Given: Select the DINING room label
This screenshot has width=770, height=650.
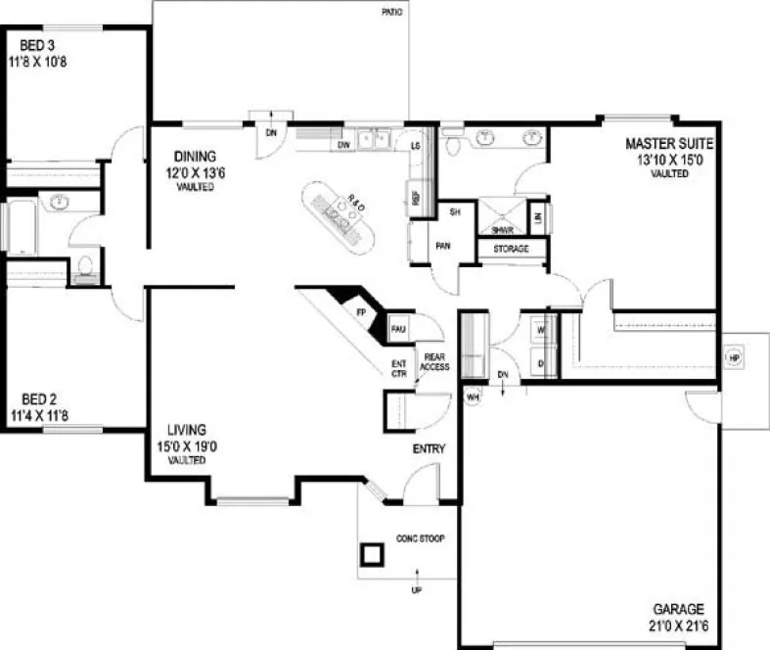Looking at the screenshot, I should [x=195, y=156].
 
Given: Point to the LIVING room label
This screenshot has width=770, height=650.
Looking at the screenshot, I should [x=186, y=429].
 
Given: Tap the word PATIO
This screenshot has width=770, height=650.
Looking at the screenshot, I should [x=391, y=13].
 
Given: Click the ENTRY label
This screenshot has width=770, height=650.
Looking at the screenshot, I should [x=429, y=449].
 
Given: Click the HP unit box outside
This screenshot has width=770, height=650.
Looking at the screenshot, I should [x=733, y=357].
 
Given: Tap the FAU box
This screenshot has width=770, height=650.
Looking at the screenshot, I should [x=398, y=329].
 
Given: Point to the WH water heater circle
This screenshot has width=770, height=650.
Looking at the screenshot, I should [x=472, y=397].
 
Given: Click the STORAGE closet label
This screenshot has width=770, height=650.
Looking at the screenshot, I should [x=510, y=250].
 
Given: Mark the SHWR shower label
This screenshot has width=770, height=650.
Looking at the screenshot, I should [x=503, y=229].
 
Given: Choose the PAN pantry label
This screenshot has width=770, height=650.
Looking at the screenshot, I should [x=442, y=246].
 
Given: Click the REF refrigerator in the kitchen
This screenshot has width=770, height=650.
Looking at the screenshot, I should [x=415, y=197].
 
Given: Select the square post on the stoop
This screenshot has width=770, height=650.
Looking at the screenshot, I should [x=373, y=556].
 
